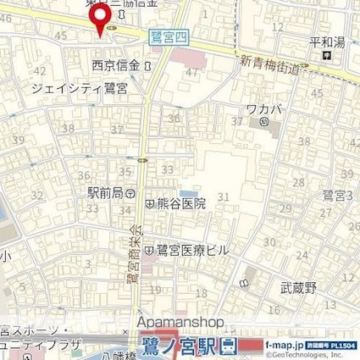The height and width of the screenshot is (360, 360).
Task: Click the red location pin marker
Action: click(100, 19)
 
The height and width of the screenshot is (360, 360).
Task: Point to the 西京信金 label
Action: click(115, 65)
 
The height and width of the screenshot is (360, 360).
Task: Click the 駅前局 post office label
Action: click(105, 192)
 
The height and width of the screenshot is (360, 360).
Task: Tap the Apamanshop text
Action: click(179, 323)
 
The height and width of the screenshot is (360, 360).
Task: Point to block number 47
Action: click(191, 73)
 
